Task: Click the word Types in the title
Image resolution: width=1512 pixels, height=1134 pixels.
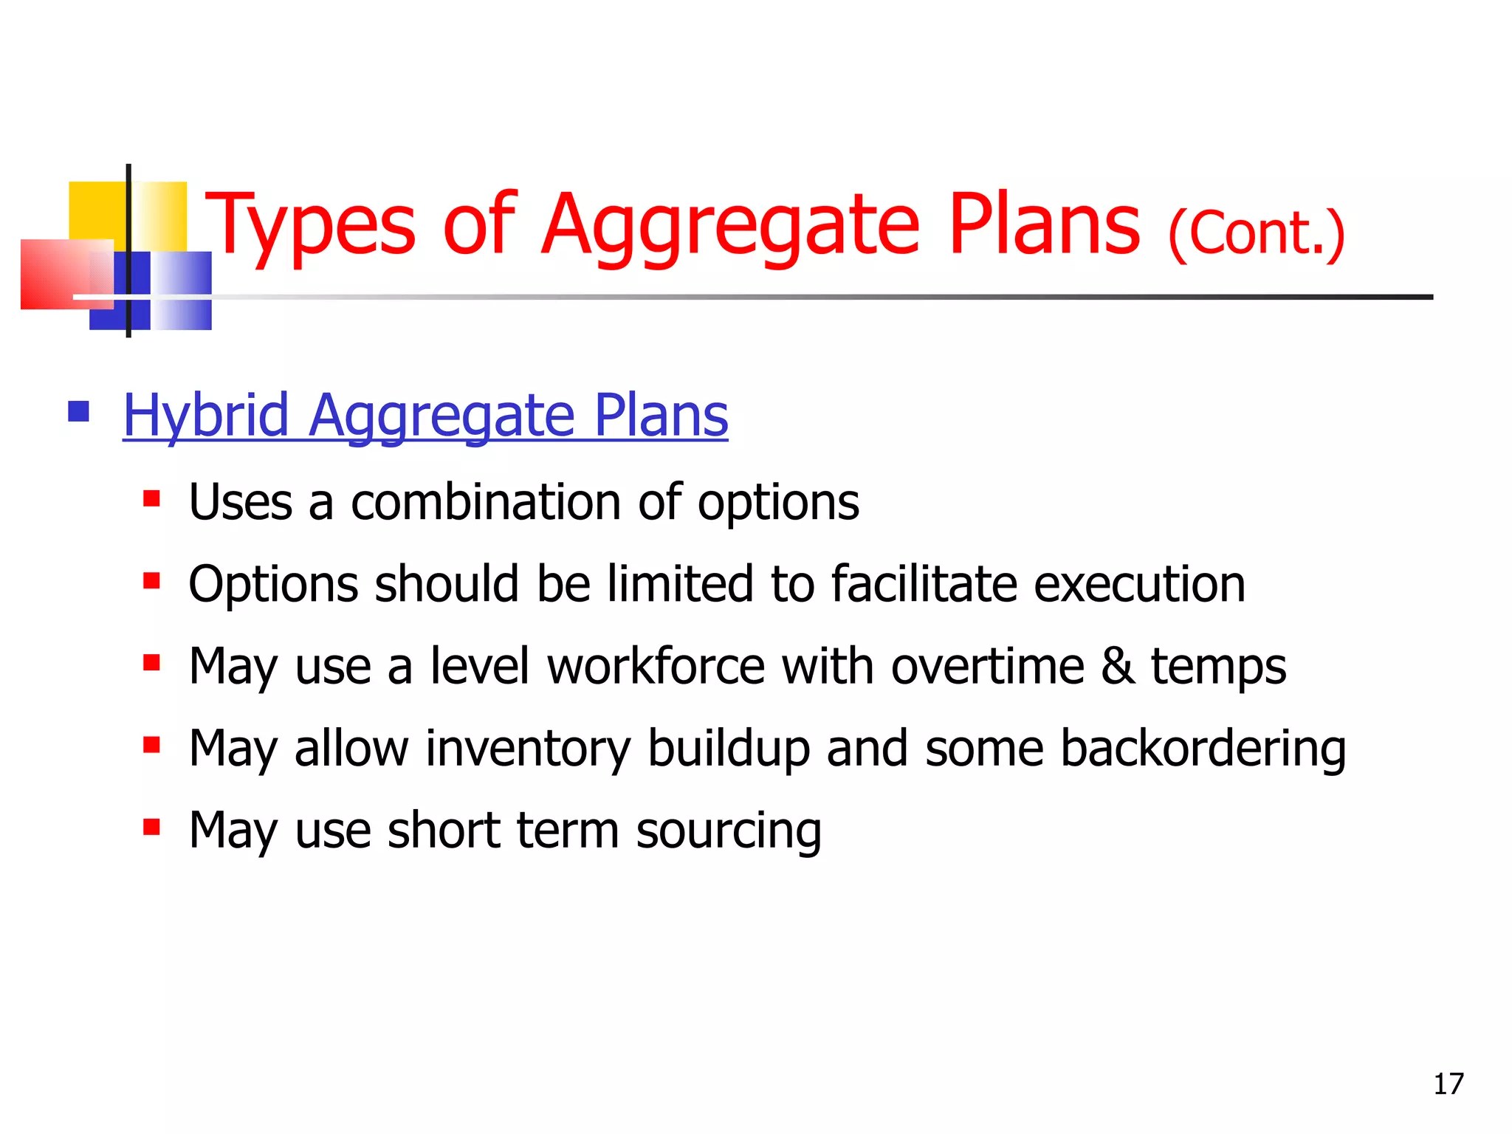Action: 311,225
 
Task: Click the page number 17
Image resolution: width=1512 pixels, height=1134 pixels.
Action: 1448,1084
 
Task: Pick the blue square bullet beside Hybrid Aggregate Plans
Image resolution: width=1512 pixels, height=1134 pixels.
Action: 78,411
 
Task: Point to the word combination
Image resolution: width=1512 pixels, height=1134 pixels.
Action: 486,503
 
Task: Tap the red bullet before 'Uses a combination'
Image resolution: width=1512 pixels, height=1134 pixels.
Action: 152,499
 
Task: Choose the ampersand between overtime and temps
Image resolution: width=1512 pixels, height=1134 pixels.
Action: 1118,666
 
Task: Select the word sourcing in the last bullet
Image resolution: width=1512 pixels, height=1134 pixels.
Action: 728,831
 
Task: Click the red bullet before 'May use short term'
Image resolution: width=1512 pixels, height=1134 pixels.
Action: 152,827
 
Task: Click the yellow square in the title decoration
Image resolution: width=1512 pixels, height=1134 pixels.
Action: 96,210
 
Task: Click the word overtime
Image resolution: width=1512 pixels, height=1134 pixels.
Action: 987,666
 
